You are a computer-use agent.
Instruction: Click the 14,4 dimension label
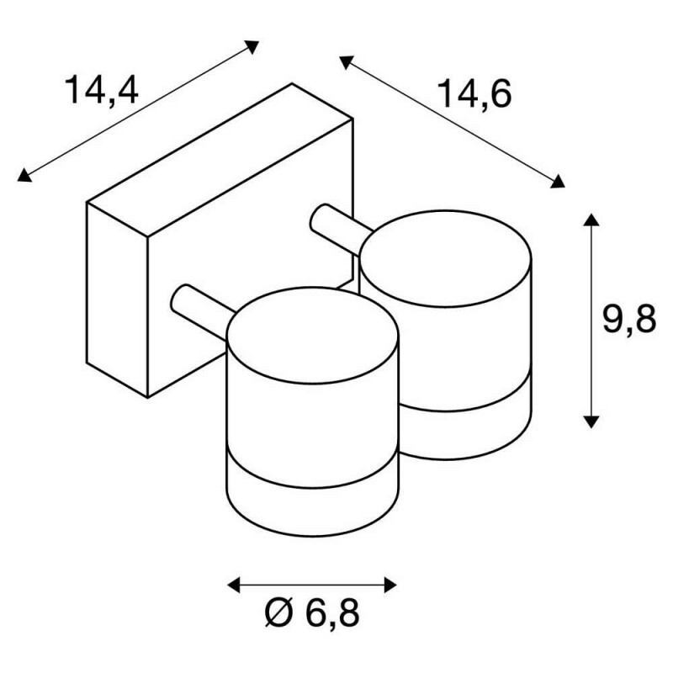coord(101,92)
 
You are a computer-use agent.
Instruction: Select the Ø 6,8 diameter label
coord(312,613)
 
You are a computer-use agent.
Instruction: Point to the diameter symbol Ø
coord(279,612)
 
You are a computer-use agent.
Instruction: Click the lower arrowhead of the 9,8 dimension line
coord(591,421)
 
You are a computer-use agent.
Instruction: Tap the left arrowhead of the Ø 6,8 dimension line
coord(234,585)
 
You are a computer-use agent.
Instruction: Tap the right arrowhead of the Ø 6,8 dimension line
coord(390,585)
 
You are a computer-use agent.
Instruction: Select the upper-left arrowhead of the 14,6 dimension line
coord(346,61)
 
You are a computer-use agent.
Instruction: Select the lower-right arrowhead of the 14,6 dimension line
coord(558,182)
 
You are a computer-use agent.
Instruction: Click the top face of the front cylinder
coord(313,336)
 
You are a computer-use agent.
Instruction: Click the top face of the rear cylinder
coord(446,258)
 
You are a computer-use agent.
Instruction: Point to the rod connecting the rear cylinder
coord(339,229)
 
